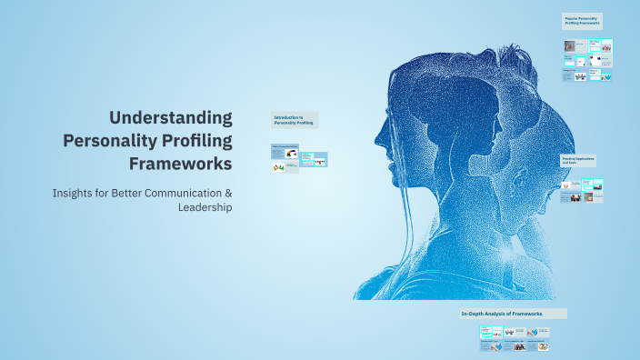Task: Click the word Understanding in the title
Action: (x=171, y=117)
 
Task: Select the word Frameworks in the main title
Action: (x=180, y=164)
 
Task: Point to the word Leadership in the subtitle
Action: (x=205, y=207)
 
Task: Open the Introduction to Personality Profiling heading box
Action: (x=295, y=120)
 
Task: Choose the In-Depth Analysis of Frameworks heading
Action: (x=513, y=314)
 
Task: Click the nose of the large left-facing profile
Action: (x=378, y=141)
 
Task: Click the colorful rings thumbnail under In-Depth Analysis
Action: (x=542, y=346)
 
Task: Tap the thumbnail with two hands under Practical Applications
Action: (x=565, y=185)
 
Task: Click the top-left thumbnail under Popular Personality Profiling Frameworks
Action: (x=575, y=45)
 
